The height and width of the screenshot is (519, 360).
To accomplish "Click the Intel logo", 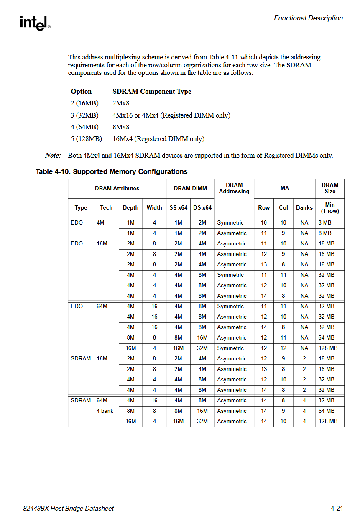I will point(35,23).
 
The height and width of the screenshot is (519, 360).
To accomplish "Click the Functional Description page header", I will point(308,18).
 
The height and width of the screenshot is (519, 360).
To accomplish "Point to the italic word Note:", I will point(53,155).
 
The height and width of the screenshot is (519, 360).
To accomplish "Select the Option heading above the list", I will point(81,92).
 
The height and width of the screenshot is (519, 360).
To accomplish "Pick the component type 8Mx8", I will point(121,127).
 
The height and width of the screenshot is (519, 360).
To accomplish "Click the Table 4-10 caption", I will point(112,171).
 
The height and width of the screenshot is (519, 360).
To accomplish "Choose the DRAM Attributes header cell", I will point(117,189).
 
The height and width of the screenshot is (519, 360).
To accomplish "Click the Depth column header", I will point(131,207).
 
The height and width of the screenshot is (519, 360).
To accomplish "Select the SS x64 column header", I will point(178,207).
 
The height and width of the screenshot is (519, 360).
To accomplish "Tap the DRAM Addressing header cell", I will point(234,188).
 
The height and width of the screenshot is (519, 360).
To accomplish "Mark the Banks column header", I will point(304,207).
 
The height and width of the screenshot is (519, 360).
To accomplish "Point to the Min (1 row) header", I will point(330,208).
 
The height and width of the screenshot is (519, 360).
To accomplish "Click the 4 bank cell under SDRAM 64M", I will point(105,411).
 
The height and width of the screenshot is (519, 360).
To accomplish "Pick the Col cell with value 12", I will point(283,348).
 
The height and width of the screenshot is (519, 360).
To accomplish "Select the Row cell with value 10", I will point(264,222).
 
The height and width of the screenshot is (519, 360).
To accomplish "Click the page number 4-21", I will point(337,509).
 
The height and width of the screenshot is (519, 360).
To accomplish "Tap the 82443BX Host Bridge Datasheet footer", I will point(69,509).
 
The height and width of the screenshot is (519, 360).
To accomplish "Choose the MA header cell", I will point(285,189).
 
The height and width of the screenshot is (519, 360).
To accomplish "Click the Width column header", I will point(154,207).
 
